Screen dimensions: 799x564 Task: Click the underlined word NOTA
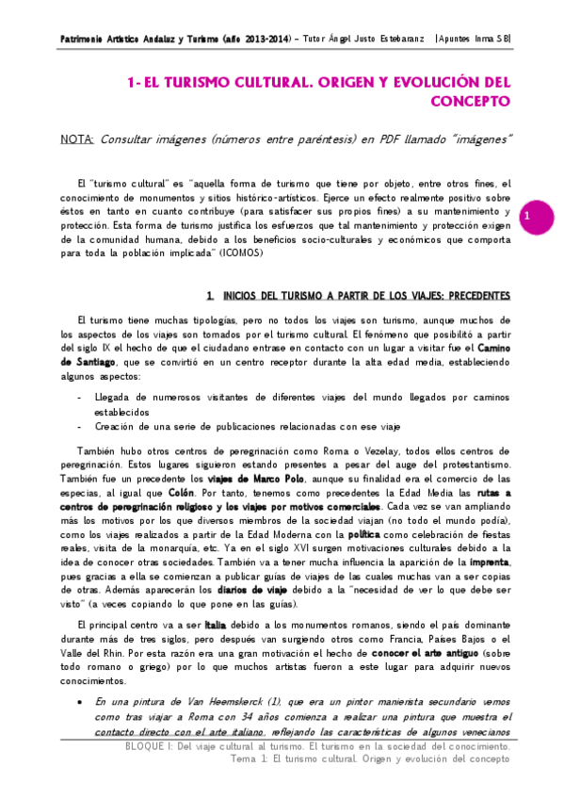75,139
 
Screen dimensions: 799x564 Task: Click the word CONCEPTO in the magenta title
471,101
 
